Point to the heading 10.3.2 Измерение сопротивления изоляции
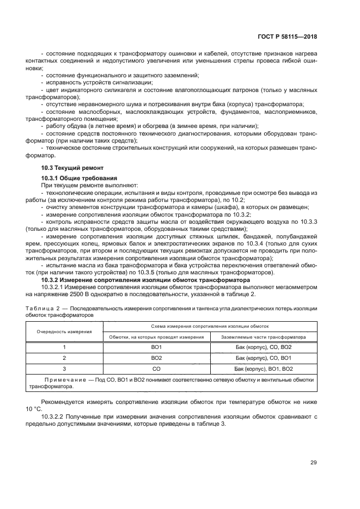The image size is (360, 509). [145, 280]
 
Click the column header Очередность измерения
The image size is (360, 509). [64, 330]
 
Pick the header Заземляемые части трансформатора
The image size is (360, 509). [264, 337]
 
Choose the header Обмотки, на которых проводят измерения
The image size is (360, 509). [156, 337]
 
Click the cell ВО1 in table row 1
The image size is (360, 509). [157, 347]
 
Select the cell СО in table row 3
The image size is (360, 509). [157, 369]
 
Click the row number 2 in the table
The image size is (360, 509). [64, 358]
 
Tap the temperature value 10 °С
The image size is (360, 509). [33, 408]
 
